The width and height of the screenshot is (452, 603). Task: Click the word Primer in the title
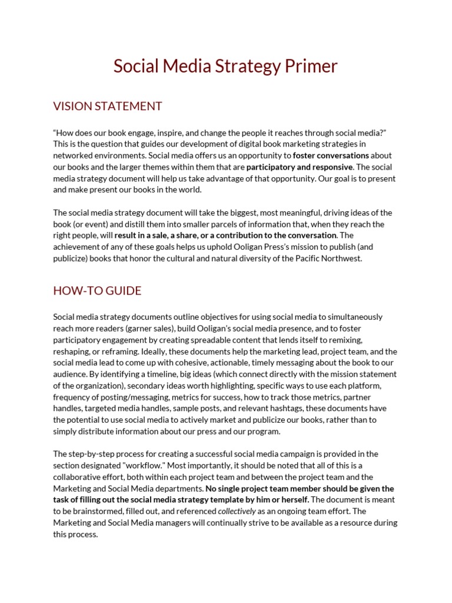312,66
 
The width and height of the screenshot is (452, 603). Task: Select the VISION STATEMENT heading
108,107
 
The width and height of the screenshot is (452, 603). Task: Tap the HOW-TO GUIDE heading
97,291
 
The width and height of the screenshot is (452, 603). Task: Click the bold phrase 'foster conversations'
331,155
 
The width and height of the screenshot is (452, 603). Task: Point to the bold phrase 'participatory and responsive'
299,167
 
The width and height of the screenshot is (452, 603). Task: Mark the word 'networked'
75,155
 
